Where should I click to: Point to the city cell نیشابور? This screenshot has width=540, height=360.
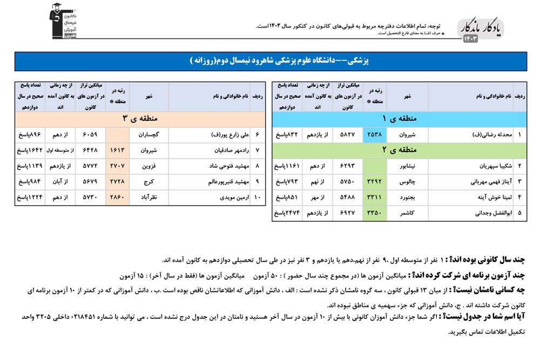pos(408,166)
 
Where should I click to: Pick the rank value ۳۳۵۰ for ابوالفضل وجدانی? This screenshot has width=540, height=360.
pos(374,213)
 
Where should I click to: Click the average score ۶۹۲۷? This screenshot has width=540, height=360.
pos(346,213)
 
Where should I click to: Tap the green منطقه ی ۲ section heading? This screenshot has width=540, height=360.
pos(399,150)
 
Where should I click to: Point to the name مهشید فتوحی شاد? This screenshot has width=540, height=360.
pos(221,166)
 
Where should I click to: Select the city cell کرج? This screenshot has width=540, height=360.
pos(149,182)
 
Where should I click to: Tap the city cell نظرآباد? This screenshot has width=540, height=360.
pos(149,198)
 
